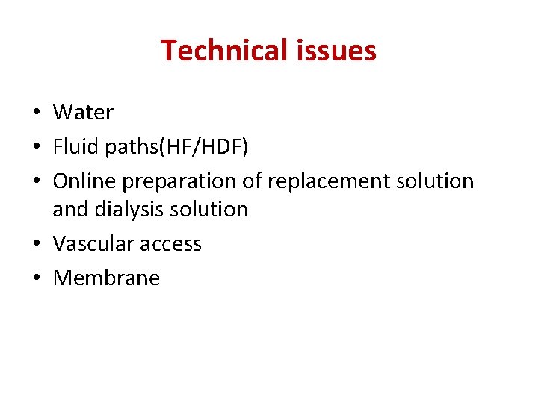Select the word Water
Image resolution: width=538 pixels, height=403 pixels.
click(83, 113)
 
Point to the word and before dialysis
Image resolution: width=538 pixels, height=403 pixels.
click(70, 210)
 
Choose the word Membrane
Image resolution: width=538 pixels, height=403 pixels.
click(106, 278)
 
